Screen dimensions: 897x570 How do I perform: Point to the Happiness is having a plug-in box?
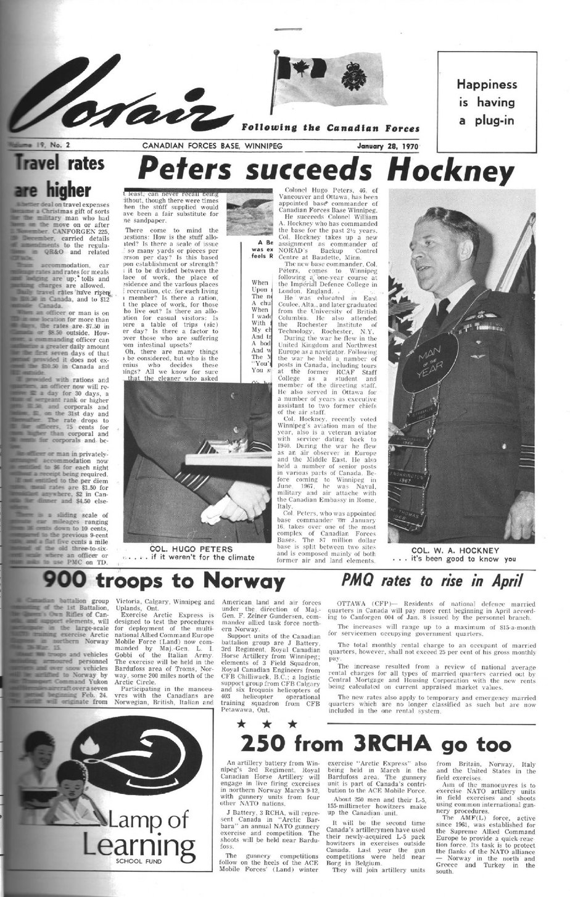click(x=487, y=102)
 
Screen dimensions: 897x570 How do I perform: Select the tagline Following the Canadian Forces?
click(x=331, y=128)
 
